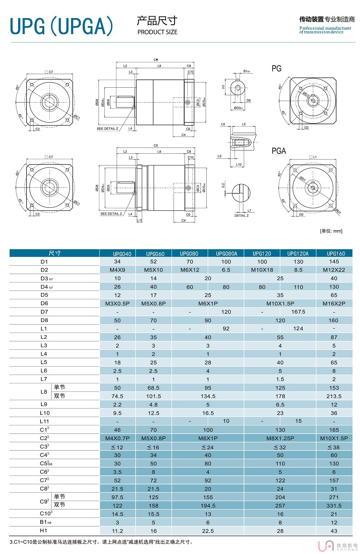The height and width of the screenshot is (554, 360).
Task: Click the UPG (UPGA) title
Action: coord(62,26)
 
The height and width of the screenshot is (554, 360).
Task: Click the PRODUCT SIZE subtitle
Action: coord(157,32)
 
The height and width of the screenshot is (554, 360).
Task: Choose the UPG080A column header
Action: coord(227,254)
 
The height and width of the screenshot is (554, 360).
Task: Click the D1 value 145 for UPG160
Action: coord(334,262)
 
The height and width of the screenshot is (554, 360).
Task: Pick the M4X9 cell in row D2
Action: coord(117,270)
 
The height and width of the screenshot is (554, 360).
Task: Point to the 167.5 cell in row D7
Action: coord(298,312)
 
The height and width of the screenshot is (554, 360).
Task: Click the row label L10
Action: coord(45,413)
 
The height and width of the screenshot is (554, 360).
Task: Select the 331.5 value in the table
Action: coord(334,506)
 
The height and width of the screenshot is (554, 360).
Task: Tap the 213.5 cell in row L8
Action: coord(334,396)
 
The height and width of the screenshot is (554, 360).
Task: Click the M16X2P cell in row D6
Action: coord(334,304)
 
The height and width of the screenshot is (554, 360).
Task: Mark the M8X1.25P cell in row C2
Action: coord(280,438)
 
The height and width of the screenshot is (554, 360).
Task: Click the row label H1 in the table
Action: coord(44,531)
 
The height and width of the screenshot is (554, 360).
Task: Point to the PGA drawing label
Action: coord(279,151)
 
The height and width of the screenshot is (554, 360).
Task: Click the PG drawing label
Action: coord(276,68)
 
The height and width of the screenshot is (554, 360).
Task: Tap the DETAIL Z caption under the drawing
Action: coord(241,216)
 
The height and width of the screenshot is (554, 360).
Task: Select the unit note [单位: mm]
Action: coord(331,231)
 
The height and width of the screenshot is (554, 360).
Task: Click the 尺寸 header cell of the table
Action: coord(55,253)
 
